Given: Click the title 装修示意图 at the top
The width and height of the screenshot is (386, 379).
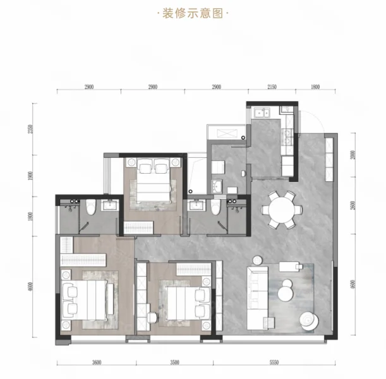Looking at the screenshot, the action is pos(193,13).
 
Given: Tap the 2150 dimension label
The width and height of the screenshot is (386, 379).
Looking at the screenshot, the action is pos(272,87).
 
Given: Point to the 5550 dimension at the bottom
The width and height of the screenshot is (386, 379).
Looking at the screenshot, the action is pos(274,363).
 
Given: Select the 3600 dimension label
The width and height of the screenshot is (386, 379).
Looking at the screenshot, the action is pos(97,363).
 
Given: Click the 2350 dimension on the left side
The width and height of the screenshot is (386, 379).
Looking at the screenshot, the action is pos(30,129).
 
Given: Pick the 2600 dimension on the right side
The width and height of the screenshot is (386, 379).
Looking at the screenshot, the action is pos(353,205).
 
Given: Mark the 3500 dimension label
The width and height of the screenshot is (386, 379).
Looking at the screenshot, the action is pos(174,363).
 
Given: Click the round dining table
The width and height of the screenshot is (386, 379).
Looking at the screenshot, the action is pos(282,210).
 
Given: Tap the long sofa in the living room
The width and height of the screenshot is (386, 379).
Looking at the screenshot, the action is pos(258,298).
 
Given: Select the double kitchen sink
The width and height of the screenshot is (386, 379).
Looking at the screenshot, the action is pos(262,113).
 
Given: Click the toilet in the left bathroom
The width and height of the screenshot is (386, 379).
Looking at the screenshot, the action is pos(90,207).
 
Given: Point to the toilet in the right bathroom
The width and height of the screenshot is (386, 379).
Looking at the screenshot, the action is pos(215,207).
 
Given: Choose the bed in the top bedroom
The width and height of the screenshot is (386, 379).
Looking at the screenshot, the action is pos(154,181).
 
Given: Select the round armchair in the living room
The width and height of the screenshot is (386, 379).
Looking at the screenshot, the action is pos(309,321).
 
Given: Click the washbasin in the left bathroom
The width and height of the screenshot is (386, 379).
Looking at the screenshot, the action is pos(111,205).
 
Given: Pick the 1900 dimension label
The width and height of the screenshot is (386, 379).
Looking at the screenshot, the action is pos(30,176).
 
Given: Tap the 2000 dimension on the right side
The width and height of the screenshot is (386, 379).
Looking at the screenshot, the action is pos(353,155).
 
